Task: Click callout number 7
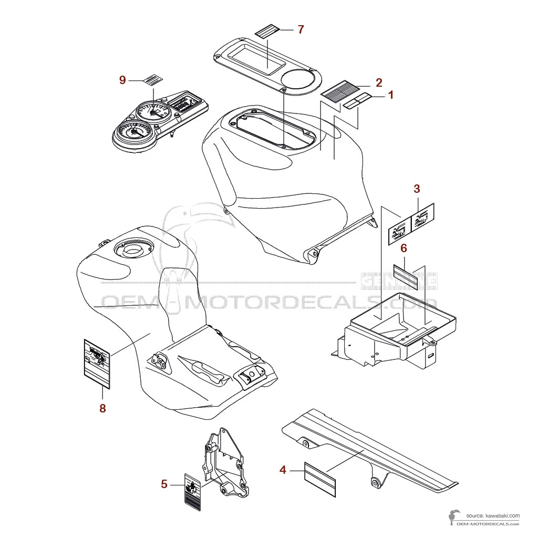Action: [301, 29]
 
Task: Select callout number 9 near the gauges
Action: [122, 80]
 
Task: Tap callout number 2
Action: [378, 82]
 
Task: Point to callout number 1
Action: [390, 95]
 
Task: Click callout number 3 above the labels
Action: [417, 189]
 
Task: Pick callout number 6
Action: [403, 247]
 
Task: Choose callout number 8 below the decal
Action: [102, 408]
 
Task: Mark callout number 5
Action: [164, 484]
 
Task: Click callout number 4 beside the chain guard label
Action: [283, 470]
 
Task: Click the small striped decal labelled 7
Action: [267, 32]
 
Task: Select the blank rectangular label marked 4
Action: [320, 479]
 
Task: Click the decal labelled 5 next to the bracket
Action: [193, 489]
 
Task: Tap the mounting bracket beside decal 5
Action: [224, 462]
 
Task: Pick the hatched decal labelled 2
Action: [339, 90]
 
